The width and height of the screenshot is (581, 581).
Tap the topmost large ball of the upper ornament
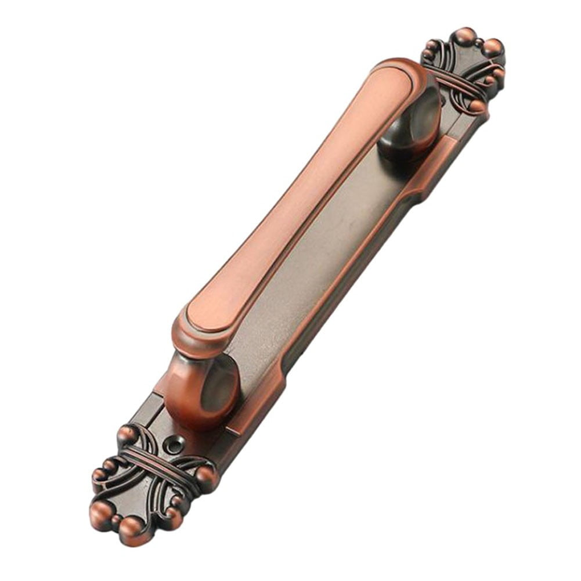(x=464, y=37)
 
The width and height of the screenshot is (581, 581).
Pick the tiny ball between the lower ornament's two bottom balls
(x=116, y=519)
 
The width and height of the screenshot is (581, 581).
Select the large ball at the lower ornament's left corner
(x=100, y=511)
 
